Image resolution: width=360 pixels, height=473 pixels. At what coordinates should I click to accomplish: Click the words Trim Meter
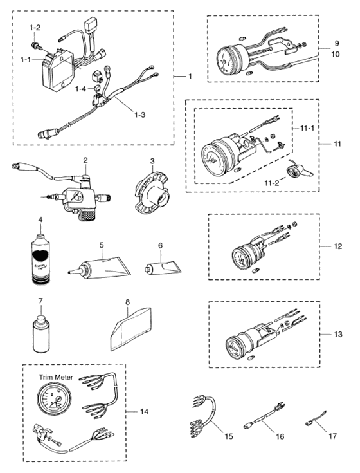[x=51, y=373]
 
